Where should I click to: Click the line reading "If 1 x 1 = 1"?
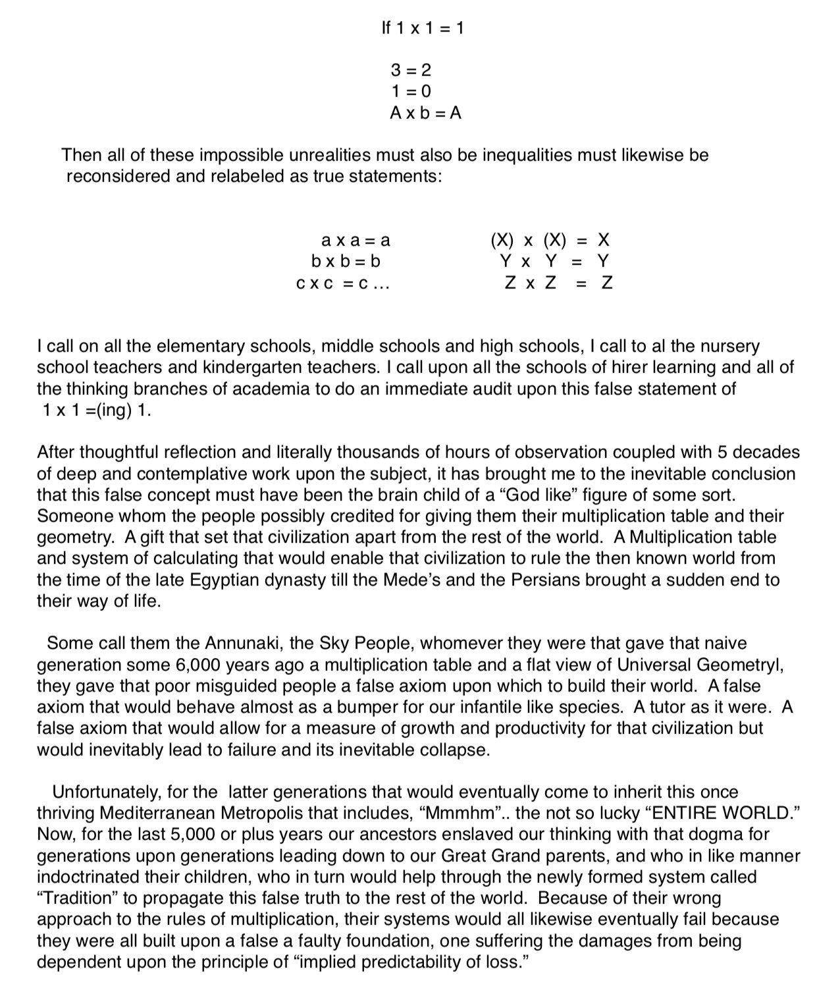pos(423,28)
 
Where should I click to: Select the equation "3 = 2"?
pos(411,70)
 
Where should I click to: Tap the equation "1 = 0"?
pos(411,91)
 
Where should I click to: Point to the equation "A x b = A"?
pos(425,113)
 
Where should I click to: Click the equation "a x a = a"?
pos(355,240)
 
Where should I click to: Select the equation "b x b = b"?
pos(346,261)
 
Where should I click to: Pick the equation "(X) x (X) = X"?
pos(550,240)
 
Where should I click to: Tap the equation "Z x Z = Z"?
pos(558,283)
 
